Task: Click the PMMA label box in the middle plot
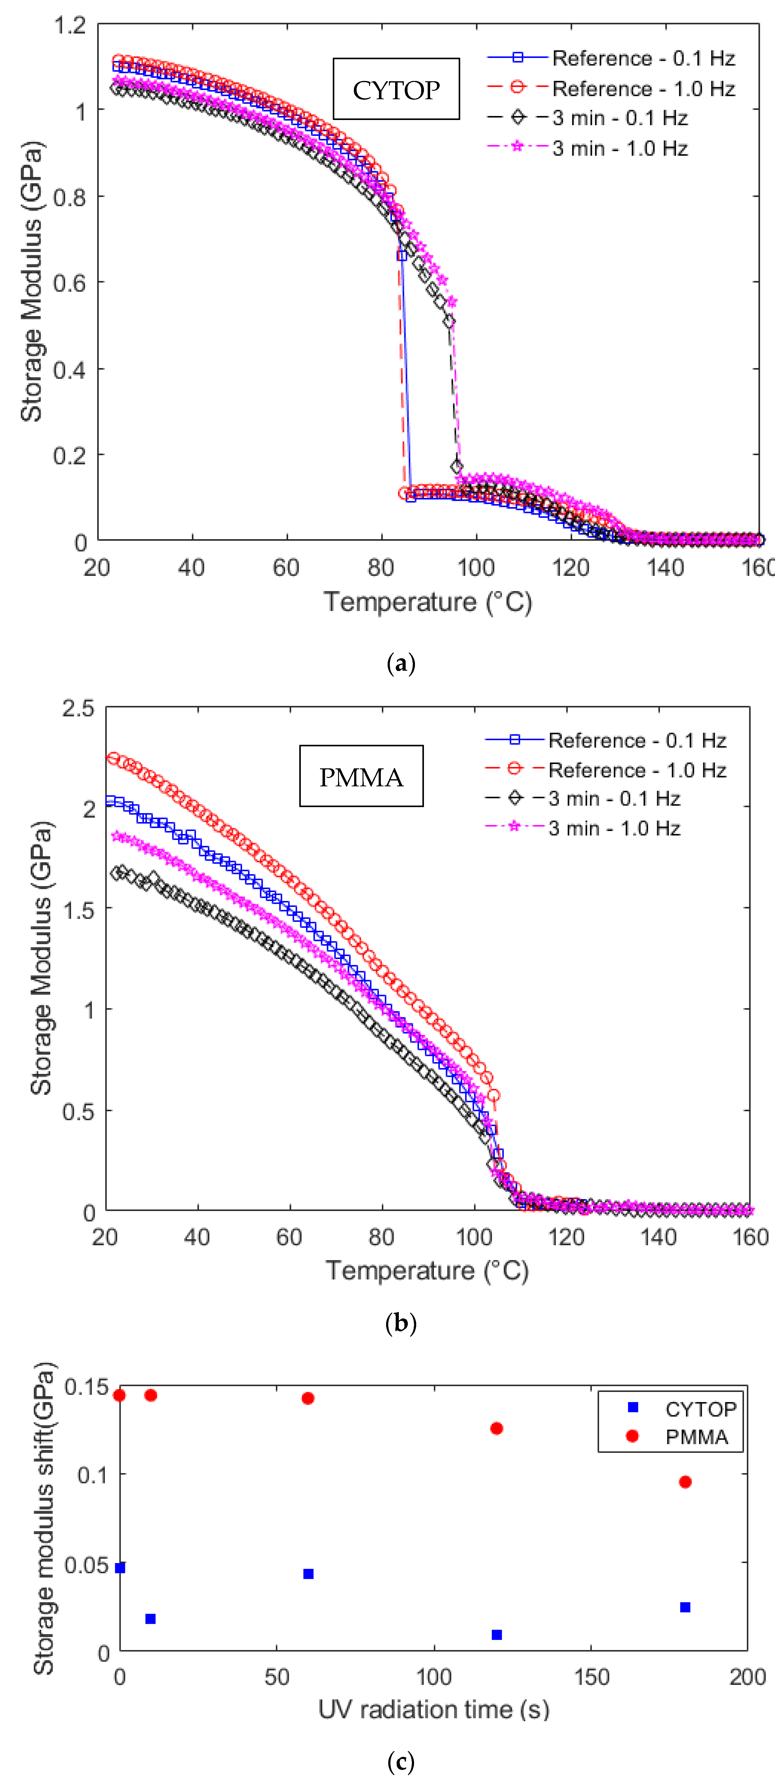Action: click(x=361, y=776)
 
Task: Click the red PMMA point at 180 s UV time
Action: click(x=685, y=1482)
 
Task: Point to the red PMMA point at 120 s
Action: click(x=496, y=1428)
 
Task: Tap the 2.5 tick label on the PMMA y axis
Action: click(x=78, y=708)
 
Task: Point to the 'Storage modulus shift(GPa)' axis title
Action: click(x=43, y=1518)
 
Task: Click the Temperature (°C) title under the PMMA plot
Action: click(x=427, y=1271)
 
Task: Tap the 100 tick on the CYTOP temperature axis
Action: click(x=475, y=568)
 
